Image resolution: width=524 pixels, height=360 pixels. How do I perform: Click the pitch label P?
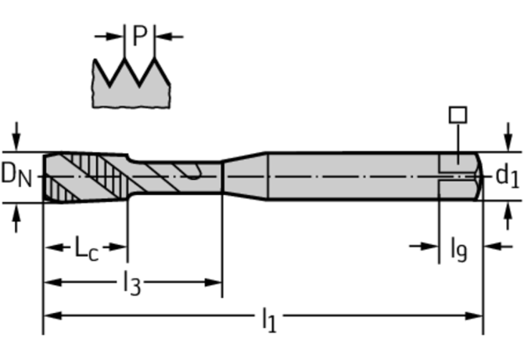pyautogui.click(x=140, y=36)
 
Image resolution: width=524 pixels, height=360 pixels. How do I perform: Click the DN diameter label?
pyautogui.click(x=17, y=176)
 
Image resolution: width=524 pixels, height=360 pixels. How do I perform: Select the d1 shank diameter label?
pyautogui.click(x=507, y=176)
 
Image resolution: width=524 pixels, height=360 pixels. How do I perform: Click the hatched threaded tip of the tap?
pyautogui.click(x=82, y=176)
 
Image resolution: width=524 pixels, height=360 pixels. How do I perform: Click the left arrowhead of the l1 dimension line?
pyautogui.click(x=49, y=316)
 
